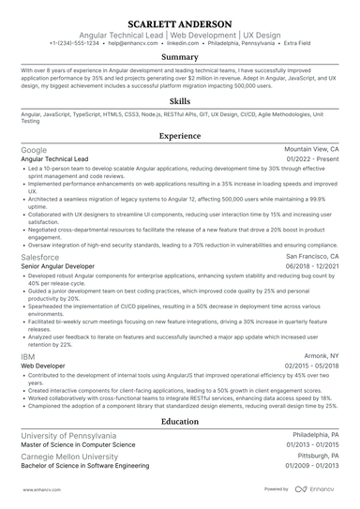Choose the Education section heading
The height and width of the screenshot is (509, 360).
click(x=179, y=422)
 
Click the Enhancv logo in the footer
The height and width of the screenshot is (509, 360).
click(x=317, y=489)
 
